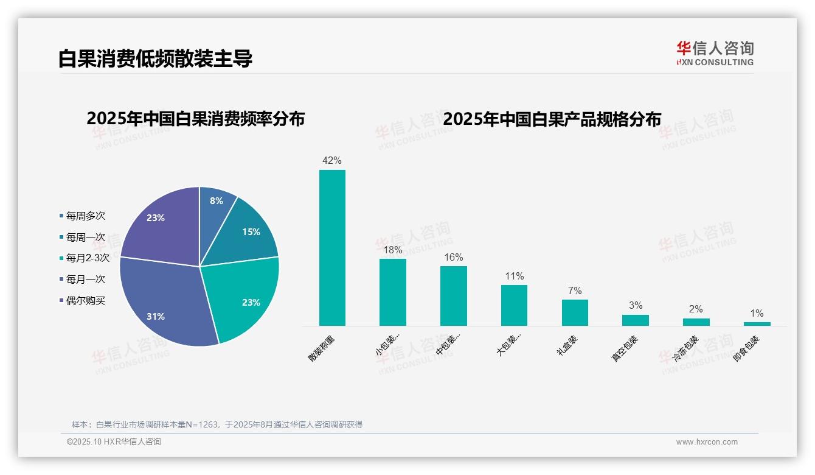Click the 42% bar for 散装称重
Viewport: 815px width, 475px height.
332,247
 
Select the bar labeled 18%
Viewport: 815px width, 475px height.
392,292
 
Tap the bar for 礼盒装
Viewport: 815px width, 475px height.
575,312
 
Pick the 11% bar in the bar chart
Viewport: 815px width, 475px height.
514,305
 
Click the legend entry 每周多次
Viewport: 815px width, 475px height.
85,216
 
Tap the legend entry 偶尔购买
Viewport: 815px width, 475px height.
85,301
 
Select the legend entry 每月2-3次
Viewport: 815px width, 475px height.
87,258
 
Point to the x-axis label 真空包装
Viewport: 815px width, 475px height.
625,349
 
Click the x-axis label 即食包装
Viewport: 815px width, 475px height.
746,349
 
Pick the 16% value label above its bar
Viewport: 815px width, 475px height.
453,258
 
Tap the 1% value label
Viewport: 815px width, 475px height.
757,314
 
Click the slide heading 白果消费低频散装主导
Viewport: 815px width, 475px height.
155,59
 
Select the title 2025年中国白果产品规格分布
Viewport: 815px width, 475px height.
552,119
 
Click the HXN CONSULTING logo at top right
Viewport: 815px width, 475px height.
715,54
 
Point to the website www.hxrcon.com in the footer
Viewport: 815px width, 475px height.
707,442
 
